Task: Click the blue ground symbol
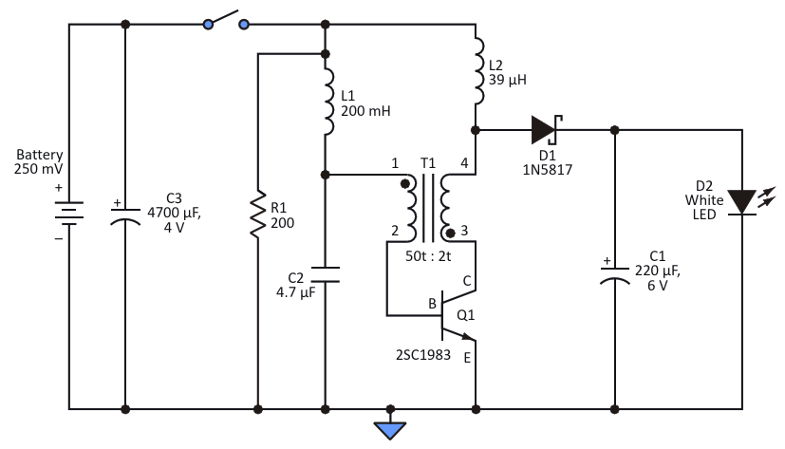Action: pos(390,430)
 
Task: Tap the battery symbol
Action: pos(69,214)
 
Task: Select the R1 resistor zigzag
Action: pos(258,214)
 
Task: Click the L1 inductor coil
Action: pos(327,103)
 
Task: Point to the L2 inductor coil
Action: pos(478,71)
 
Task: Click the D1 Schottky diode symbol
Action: pos(546,130)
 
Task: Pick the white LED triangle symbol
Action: pos(742,202)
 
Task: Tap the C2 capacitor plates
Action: pos(326,274)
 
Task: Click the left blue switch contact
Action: pos(208,24)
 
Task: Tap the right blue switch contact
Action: pos(244,24)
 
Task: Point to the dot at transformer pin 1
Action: pos(405,184)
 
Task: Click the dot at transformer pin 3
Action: pos(450,233)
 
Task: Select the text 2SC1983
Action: pos(423,355)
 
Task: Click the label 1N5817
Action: pos(547,170)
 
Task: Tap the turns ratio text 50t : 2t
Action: pos(428,256)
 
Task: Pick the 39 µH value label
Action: pos(507,80)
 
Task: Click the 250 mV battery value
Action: pos(39,169)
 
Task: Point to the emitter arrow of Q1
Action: pos(468,336)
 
